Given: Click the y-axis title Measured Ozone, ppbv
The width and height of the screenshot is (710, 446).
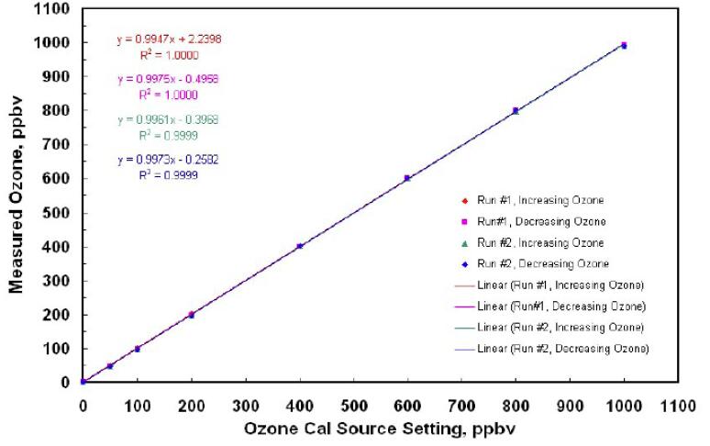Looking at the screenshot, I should (17, 192).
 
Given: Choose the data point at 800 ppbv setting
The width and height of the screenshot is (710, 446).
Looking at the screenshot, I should (516, 111).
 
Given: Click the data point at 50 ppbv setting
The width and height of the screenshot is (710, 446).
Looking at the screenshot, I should (109, 365).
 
